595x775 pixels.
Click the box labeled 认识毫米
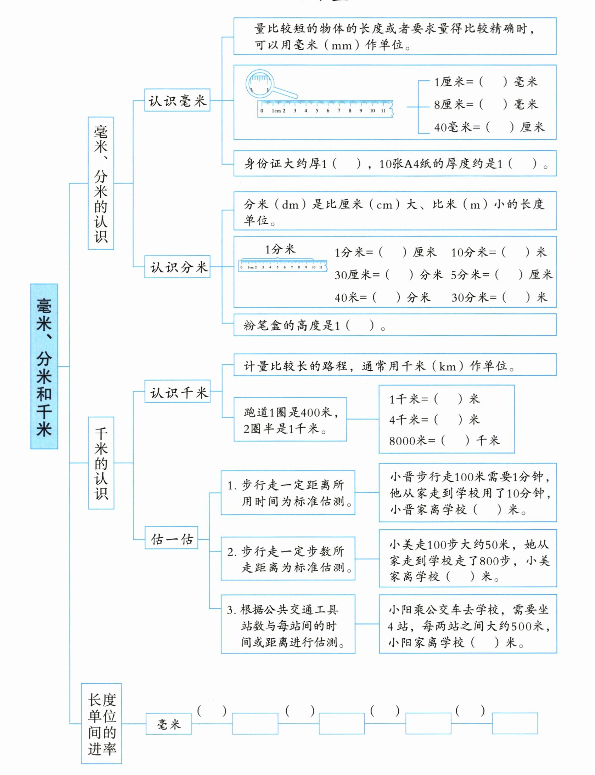coord(177,100)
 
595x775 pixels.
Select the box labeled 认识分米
coord(177,267)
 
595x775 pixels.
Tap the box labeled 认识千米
coord(178,391)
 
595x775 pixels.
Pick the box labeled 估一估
coord(172,538)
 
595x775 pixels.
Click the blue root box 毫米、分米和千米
coord(44,366)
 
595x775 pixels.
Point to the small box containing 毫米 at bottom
coord(169,724)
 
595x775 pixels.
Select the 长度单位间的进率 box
coord(101,723)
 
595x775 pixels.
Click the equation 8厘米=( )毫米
coord(486,104)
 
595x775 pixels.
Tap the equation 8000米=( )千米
coord(444,440)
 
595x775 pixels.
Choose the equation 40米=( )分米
coord(382,297)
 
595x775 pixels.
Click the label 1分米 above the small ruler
coord(280,249)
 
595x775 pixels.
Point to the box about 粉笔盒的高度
coord(395,325)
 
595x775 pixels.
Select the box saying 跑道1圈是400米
coord(290,419)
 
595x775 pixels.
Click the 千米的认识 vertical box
coord(101,463)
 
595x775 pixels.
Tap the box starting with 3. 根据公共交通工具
coord(288,624)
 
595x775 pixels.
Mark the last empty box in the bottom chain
coord(515,723)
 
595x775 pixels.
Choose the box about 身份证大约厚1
coord(395,163)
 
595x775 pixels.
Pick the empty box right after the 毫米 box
coord(255,723)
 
